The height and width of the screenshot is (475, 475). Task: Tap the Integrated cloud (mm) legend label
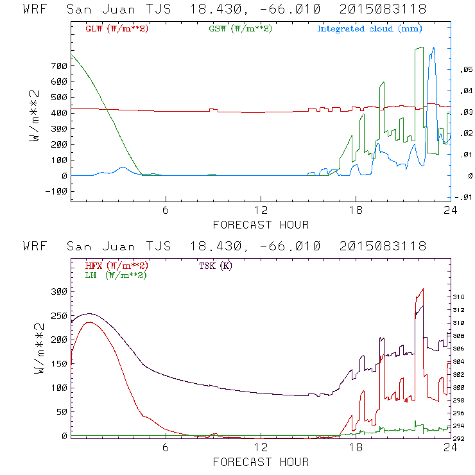[x=370, y=29]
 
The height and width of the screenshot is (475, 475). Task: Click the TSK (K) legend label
[x=216, y=266]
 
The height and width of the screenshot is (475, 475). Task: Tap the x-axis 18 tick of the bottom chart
[x=356, y=447]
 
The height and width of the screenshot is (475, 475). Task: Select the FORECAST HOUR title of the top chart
[x=261, y=225]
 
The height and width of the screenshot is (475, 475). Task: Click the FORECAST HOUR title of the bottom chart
[x=261, y=462]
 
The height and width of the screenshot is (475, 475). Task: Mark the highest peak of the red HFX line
[x=422, y=289]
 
